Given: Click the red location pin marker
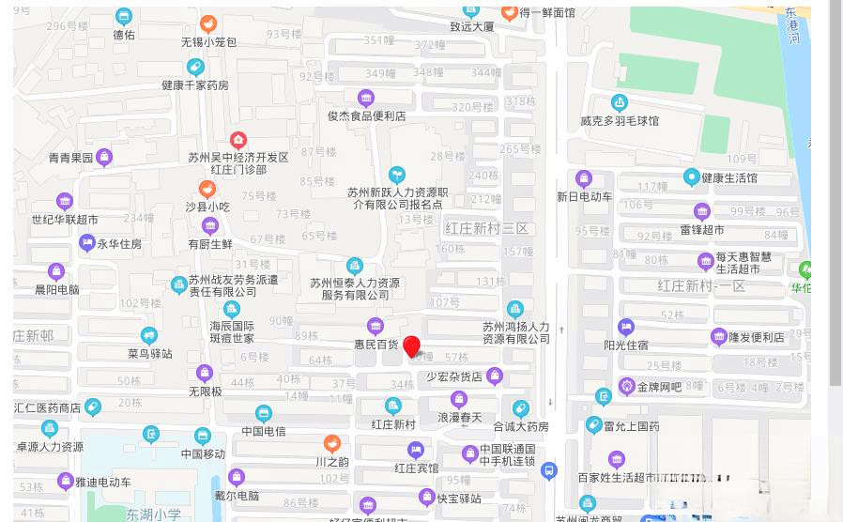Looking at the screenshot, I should point(411,346).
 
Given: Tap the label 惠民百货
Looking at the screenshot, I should point(376,345).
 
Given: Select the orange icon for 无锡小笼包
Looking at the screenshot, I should point(208,23).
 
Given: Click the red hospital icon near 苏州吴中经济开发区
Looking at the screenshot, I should point(238,141).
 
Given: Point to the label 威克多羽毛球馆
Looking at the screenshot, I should point(619,121).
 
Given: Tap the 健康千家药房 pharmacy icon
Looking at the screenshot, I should point(194,68).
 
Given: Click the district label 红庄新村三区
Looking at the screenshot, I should point(487,229).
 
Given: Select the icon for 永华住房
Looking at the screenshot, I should point(87,244).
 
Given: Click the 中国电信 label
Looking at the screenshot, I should point(263,431).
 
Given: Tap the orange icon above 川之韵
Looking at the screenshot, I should point(331,443).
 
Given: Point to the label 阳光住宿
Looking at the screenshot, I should point(626,345).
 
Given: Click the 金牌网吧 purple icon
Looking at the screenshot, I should point(627,386).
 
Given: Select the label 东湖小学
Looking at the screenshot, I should point(154,514).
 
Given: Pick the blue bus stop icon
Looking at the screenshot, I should point(549,471).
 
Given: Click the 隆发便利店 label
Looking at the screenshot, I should point(756,337).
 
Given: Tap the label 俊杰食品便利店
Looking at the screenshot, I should point(366,116).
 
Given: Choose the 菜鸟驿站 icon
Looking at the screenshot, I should point(149,335).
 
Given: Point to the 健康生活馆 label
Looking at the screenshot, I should point(728,177).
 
